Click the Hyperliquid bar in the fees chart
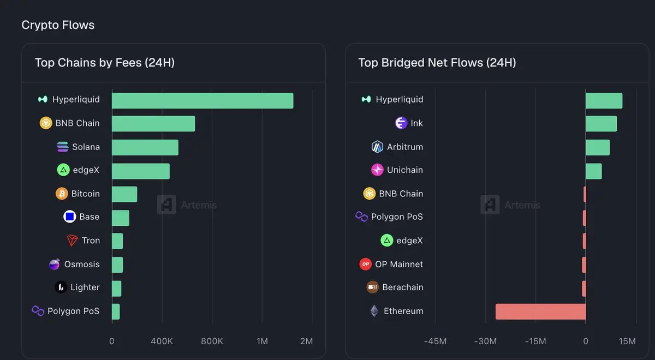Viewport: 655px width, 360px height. pyautogui.click(x=203, y=100)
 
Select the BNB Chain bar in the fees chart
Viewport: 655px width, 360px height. pyautogui.click(x=153, y=124)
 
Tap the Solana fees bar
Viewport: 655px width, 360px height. pyautogui.click(x=145, y=147)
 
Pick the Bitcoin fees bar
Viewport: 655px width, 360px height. pyautogui.click(x=124, y=194)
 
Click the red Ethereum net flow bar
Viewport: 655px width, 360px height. pyautogui.click(x=540, y=311)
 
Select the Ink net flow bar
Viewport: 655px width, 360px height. pyautogui.click(x=601, y=124)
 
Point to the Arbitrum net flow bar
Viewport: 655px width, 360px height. pyautogui.click(x=598, y=147)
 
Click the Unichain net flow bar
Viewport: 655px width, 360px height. pyautogui.click(x=594, y=171)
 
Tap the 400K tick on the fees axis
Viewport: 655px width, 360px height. pyautogui.click(x=162, y=341)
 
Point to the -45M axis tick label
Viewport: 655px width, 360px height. pyautogui.click(x=435, y=341)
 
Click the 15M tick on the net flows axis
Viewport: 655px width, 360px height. pyautogui.click(x=628, y=341)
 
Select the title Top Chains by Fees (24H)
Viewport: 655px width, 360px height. pyautogui.click(x=105, y=63)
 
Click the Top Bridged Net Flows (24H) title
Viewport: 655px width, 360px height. pyautogui.click(x=437, y=63)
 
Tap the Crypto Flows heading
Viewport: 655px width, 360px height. pyautogui.click(x=58, y=25)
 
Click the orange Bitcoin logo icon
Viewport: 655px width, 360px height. pyautogui.click(x=62, y=194)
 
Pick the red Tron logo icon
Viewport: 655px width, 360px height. pyautogui.click(x=72, y=241)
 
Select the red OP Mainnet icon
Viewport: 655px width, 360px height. pyautogui.click(x=365, y=264)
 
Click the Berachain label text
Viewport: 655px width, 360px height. pyautogui.click(x=402, y=287)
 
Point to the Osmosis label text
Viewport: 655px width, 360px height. pyautogui.click(x=82, y=264)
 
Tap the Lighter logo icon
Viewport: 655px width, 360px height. pyautogui.click(x=61, y=287)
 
